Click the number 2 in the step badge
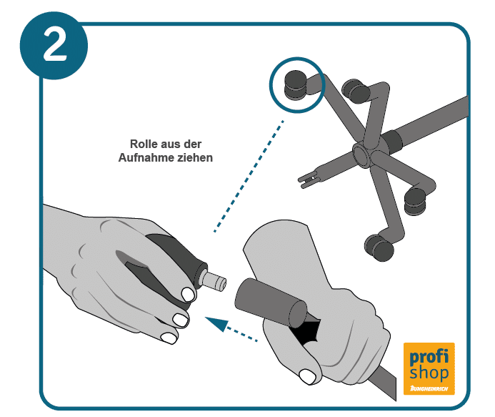[54, 44]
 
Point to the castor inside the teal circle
[296, 84]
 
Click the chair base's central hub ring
[361, 154]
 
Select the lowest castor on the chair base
[380, 247]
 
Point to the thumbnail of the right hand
[307, 376]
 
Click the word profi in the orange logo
[429, 357]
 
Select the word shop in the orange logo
[429, 373]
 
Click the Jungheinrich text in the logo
[429, 388]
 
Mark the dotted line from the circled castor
[249, 176]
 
